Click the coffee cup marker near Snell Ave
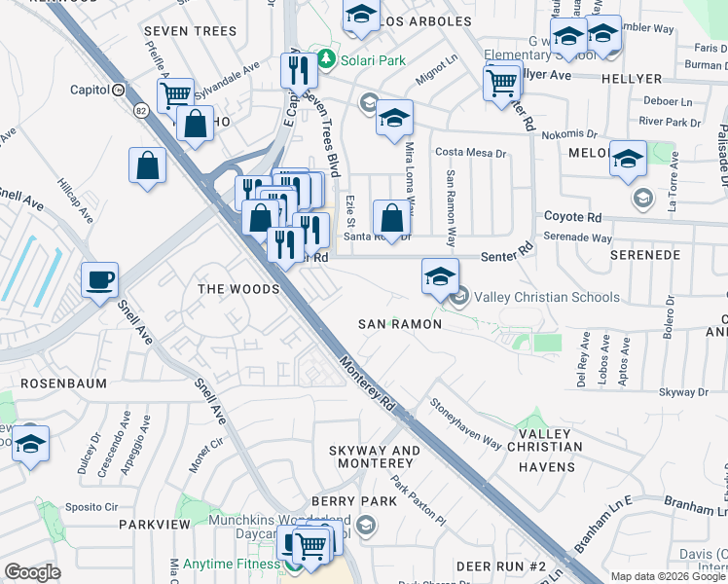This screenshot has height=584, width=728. (x=99, y=280)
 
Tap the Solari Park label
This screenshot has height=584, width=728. (x=373, y=60)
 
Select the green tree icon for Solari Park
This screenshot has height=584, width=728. (x=328, y=60)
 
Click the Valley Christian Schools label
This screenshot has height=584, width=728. (x=547, y=297)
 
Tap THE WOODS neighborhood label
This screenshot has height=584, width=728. (x=238, y=289)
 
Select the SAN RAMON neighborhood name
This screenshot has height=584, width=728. (x=399, y=323)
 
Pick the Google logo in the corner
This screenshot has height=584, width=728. (x=33, y=572)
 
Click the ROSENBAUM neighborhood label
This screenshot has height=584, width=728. (x=63, y=383)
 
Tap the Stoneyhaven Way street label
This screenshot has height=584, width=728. (x=465, y=426)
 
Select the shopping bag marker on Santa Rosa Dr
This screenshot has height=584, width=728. (x=391, y=219)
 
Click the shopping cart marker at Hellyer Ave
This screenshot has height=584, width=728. (x=501, y=82)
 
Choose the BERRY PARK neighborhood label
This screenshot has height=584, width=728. (x=354, y=501)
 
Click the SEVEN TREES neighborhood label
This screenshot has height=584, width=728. (x=190, y=31)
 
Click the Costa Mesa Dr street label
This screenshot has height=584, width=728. (x=472, y=153)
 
